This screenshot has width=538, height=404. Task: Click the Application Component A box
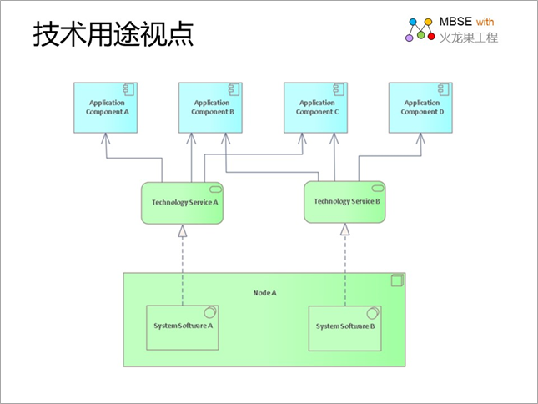(x=106, y=108)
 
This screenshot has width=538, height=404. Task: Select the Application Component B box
(x=210, y=108)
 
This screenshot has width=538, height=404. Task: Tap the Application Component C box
(x=315, y=108)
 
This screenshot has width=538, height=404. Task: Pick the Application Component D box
(x=420, y=108)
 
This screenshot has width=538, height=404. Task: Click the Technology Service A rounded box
(x=182, y=203)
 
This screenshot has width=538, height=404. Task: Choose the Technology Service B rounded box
(x=344, y=202)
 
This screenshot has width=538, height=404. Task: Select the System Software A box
(x=183, y=328)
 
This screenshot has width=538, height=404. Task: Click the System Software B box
(x=344, y=329)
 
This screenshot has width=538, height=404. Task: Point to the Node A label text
(x=265, y=293)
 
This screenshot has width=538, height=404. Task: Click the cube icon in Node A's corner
(x=397, y=280)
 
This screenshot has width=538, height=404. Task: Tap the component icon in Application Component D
(x=444, y=89)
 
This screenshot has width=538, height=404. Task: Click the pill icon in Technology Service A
(x=215, y=189)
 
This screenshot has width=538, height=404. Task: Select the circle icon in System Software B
(x=373, y=313)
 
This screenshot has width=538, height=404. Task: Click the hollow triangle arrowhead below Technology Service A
(x=183, y=231)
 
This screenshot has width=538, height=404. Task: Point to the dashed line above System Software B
(x=345, y=270)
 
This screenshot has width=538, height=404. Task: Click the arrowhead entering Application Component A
(x=106, y=139)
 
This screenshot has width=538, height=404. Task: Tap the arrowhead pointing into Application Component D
(x=420, y=139)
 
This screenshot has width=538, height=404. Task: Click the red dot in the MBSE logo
(x=431, y=36)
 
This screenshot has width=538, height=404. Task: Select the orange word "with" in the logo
(x=485, y=22)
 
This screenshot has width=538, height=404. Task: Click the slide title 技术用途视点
(x=113, y=33)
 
